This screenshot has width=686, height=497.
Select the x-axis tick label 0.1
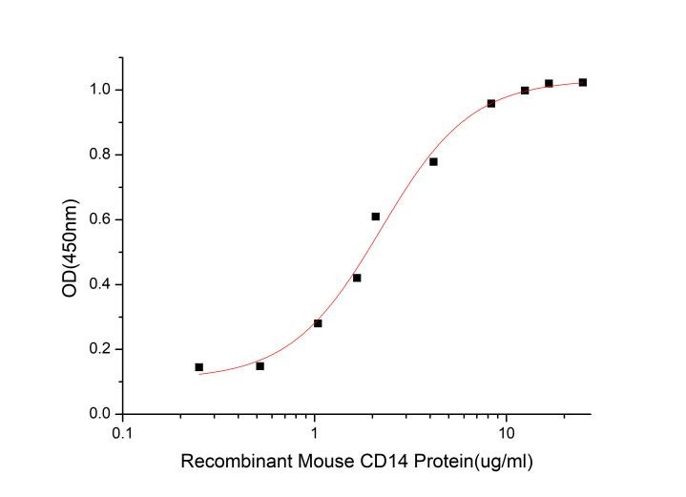(122, 432)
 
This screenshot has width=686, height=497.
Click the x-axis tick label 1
(315, 432)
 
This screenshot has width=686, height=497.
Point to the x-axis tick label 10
(507, 432)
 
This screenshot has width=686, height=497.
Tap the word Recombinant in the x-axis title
(228, 462)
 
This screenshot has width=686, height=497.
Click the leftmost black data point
(198, 367)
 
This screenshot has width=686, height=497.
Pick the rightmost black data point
(583, 82)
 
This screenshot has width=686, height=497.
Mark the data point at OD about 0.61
(376, 217)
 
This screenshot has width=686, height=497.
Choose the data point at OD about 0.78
(433, 162)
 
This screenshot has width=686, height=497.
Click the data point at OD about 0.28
(318, 323)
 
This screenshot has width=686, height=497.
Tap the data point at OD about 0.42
(357, 278)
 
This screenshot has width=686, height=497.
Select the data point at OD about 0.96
(491, 103)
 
